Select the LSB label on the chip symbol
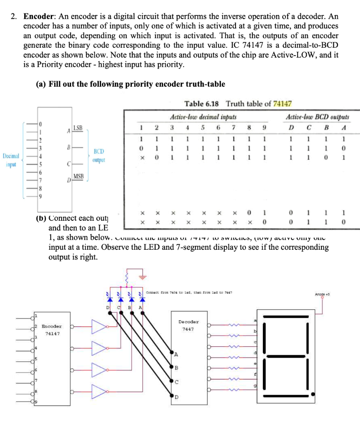[x=78, y=127]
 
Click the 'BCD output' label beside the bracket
[x=99, y=156]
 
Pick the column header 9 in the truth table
[x=264, y=128]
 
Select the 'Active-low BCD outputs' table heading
[x=317, y=117]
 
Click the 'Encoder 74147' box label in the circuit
[x=51, y=330]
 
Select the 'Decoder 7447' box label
[x=189, y=325]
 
